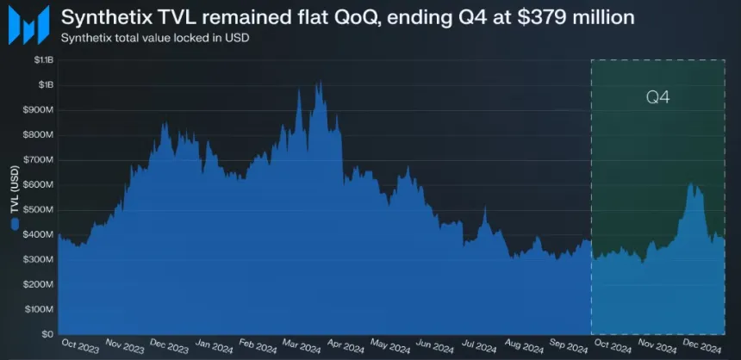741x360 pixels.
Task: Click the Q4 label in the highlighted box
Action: pyautogui.click(x=658, y=97)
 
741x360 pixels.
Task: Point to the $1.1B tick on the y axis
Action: pyautogui.click(x=42, y=59)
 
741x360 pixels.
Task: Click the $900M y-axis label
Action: pyautogui.click(x=40, y=109)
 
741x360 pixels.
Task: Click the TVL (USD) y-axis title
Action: pyautogui.click(x=15, y=187)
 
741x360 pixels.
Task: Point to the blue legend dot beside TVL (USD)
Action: pyautogui.click(x=15, y=225)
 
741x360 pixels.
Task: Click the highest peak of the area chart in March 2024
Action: pyautogui.click(x=320, y=83)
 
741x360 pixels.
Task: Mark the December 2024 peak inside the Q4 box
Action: pyautogui.click(x=691, y=183)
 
